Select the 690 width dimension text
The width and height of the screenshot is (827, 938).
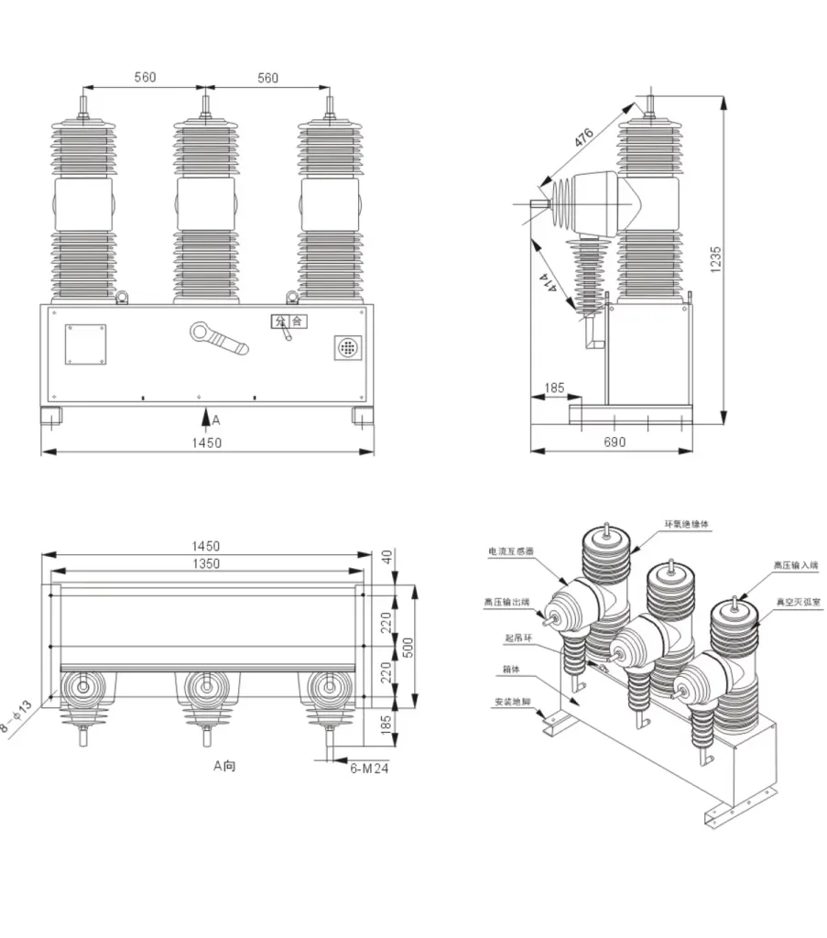point(615,442)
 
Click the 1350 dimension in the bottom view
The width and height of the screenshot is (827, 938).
point(207,563)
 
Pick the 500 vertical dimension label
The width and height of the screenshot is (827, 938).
point(409,647)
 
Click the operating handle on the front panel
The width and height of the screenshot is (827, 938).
point(219,337)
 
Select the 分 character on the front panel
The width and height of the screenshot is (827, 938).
point(277,322)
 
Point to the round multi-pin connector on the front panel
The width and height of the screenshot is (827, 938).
point(347,348)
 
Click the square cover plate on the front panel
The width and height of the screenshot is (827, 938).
point(84,345)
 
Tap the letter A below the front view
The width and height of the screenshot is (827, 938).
point(216,420)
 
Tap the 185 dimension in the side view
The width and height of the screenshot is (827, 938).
point(554,387)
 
